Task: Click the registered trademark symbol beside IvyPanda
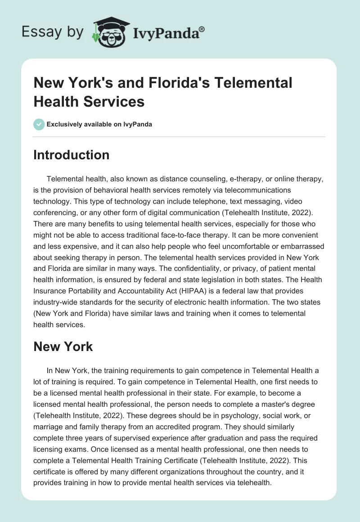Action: pyautogui.click(x=202, y=29)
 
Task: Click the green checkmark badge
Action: pyautogui.click(x=39, y=124)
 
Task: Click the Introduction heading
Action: pyautogui.click(x=71, y=155)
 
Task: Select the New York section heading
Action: pyautogui.click(x=63, y=346)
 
